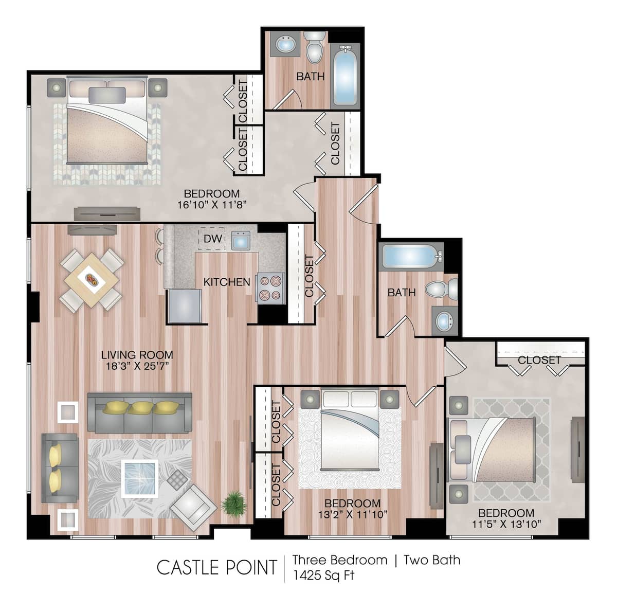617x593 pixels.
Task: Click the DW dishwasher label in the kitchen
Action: click(x=212, y=238)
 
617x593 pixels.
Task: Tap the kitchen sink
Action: click(x=241, y=240)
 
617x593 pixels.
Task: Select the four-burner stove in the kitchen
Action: click(x=270, y=288)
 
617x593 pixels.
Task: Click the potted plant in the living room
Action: click(x=234, y=502)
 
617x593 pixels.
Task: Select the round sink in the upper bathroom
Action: click(x=285, y=45)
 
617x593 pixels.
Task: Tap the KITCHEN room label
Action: click(x=227, y=282)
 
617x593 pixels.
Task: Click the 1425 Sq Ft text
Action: click(x=323, y=575)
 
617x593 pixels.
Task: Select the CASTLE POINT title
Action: click(x=216, y=567)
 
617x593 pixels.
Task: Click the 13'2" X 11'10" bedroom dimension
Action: click(x=352, y=514)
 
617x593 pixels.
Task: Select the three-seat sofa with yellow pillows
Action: click(x=139, y=412)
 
